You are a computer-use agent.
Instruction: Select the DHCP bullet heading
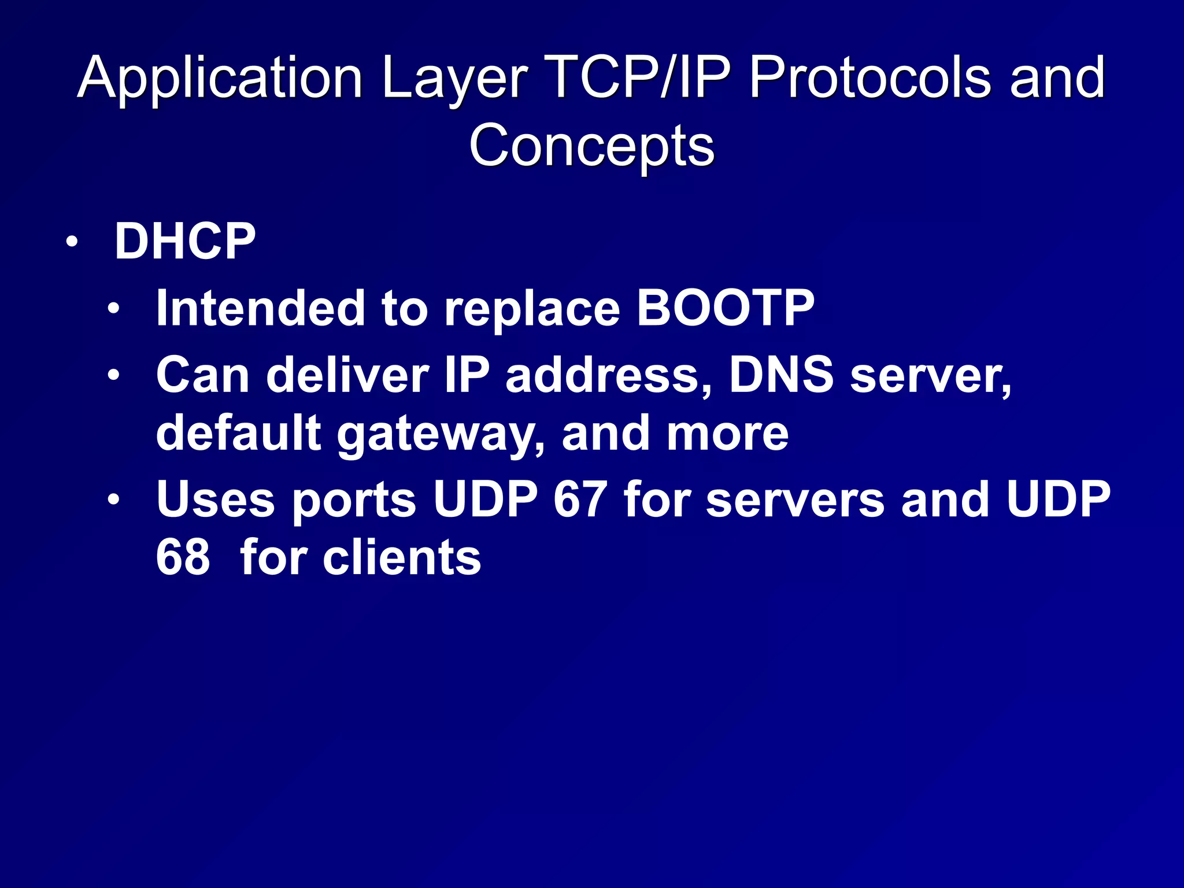[x=185, y=242]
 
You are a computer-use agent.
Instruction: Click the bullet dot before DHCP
[x=71, y=242]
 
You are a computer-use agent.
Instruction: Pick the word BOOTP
[x=725, y=308]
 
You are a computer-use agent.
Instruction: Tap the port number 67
[x=580, y=499]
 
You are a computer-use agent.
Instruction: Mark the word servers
[x=795, y=500]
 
